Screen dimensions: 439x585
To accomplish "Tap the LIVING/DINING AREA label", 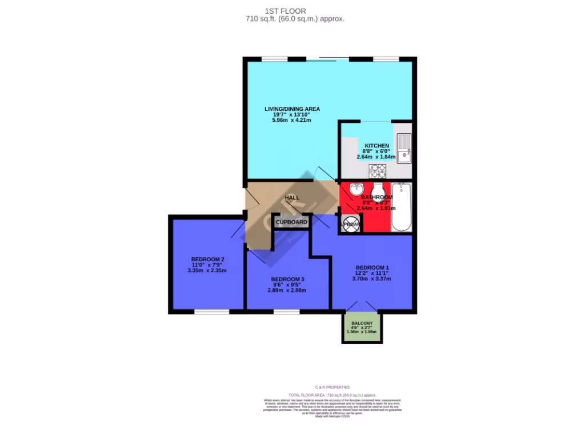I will pos(292,109).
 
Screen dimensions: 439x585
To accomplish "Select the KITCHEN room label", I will pos(376,146).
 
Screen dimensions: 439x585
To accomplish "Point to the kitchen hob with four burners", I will pos(378,170).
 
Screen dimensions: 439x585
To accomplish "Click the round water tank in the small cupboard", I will pos(350,224).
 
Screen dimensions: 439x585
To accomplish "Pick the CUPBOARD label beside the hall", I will pos(291,222).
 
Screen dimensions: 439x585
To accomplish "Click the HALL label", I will pos(292,198).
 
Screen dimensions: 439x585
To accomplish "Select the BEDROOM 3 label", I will pos(287,279).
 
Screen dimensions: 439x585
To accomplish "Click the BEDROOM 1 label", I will pos(372,268).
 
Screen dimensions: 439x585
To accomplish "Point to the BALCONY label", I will pos(362,323).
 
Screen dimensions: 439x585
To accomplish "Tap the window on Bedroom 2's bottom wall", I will pos(211,312).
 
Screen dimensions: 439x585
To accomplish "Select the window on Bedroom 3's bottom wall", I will pos(286,312).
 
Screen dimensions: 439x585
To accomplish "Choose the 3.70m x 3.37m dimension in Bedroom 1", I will pos(372,279).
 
